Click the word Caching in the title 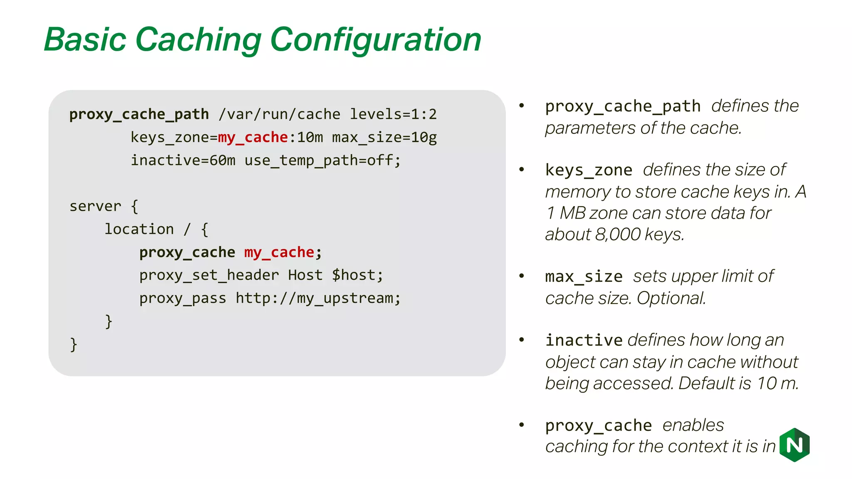coord(198,40)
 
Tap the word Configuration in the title coord(376,40)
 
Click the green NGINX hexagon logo coord(795,445)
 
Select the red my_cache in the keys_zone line coord(253,137)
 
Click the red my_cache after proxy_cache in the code coord(279,252)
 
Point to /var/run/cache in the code coord(279,114)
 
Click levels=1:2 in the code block coord(393,114)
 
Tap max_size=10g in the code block coord(384,137)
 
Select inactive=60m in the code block coord(183,160)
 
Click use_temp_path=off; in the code coord(322,160)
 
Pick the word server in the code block coord(95,206)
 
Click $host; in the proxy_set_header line coord(357,275)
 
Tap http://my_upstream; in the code coord(318,299)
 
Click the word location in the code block coord(139,229)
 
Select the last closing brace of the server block coord(74,345)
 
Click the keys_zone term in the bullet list coord(589,170)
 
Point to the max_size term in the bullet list coord(584,277)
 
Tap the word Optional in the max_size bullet coord(671,298)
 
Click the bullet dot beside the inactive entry coord(522,340)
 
